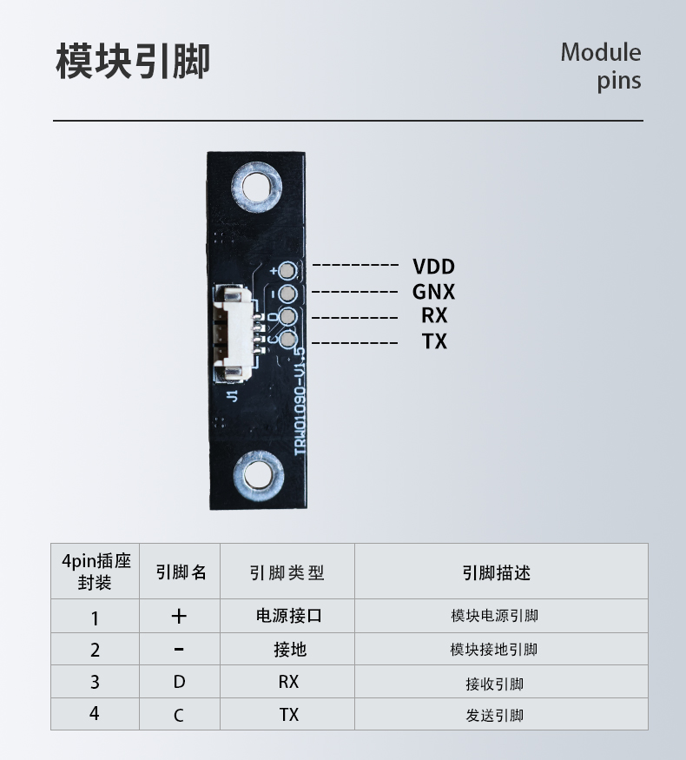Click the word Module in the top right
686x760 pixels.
[x=600, y=52]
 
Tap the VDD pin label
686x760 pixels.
[x=433, y=267]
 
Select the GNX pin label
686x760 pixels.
[x=433, y=292]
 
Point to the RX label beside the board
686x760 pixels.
[x=434, y=316]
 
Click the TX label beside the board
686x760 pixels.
[x=434, y=341]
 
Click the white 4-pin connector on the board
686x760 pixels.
[x=234, y=334]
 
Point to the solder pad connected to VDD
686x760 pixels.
[x=287, y=269]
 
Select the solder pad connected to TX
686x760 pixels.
[x=287, y=340]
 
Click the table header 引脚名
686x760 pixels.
[x=180, y=572]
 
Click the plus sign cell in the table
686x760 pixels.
[x=179, y=617]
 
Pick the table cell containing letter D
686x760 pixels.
[x=179, y=683]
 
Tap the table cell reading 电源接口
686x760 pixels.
[x=288, y=617]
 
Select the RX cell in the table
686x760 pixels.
[x=288, y=683]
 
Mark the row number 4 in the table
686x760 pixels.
[x=95, y=713]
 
